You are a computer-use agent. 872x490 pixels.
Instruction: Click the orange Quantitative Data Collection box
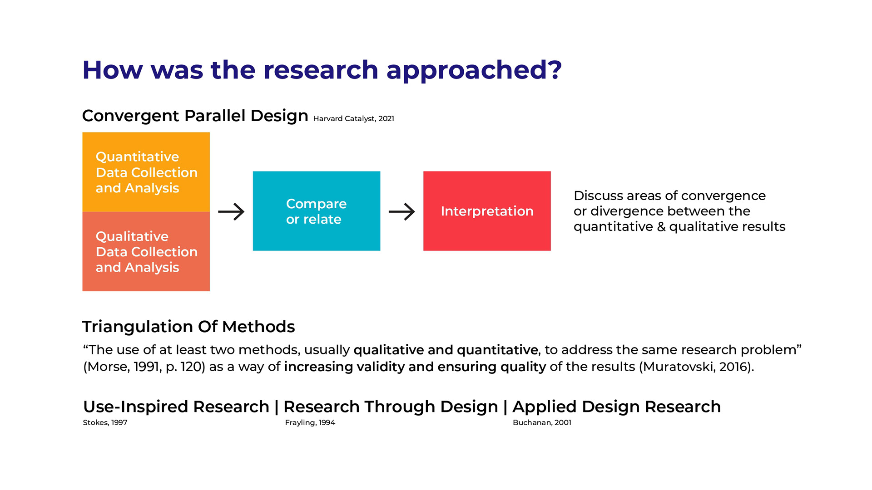click(146, 172)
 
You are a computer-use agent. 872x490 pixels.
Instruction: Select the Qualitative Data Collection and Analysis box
click(146, 251)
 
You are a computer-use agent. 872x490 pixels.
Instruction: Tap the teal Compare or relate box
click(317, 211)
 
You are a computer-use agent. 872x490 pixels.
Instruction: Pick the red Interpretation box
click(487, 211)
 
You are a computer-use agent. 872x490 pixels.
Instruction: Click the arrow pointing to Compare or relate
click(231, 211)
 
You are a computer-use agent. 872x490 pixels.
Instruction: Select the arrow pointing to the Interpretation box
click(402, 211)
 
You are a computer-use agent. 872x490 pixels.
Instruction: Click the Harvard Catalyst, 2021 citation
click(353, 118)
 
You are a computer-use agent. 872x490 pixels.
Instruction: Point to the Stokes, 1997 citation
click(105, 422)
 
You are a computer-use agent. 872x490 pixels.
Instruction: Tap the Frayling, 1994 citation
click(310, 422)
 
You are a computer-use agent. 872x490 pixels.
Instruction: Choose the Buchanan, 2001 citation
click(542, 422)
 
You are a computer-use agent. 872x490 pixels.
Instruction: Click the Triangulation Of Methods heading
click(188, 327)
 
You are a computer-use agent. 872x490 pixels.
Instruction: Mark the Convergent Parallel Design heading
click(195, 116)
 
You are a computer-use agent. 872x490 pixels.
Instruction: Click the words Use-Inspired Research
click(176, 407)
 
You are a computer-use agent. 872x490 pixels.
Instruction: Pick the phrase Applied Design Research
click(617, 407)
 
